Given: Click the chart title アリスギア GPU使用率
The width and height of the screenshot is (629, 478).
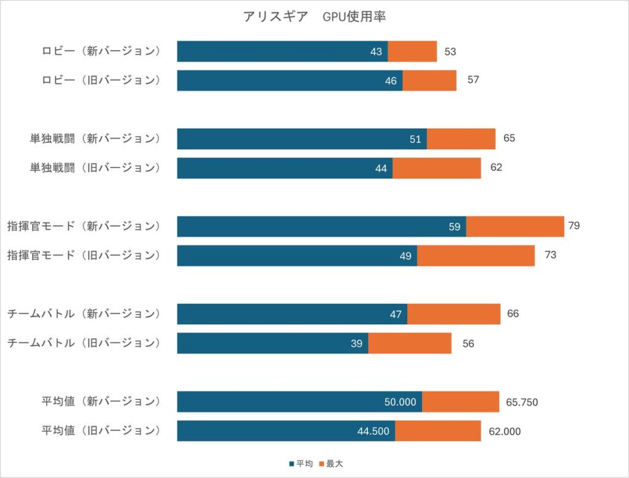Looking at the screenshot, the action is click(x=314, y=17).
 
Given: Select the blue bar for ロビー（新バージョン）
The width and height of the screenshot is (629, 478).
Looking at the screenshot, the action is click(x=283, y=52).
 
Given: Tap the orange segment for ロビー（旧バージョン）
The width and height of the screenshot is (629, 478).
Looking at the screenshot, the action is click(x=429, y=80).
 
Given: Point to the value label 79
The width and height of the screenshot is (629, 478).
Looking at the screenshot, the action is click(x=574, y=226).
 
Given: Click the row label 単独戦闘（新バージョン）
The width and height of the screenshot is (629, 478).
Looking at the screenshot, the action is click(x=95, y=139).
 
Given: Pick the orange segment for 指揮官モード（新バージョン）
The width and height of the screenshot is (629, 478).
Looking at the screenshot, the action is click(x=515, y=226).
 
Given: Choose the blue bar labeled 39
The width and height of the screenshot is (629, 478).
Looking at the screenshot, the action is click(x=273, y=344).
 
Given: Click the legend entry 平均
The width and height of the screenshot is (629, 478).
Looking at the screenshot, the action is click(x=301, y=463).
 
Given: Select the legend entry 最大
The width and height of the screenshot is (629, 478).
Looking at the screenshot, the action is click(x=331, y=463).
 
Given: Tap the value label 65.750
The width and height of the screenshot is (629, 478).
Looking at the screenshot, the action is click(x=522, y=402).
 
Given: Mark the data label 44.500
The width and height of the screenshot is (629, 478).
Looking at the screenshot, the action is click(x=373, y=431).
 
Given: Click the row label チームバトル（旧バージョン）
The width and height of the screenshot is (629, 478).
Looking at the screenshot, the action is click(x=84, y=343).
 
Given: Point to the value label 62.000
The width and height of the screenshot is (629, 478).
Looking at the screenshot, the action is click(x=505, y=431).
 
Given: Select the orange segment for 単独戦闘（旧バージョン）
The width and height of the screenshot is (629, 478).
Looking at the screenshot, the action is click(x=437, y=168).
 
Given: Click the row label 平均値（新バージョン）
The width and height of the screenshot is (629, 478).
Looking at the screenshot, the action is click(x=101, y=401).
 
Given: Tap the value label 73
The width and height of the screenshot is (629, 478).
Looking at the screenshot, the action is click(x=550, y=255).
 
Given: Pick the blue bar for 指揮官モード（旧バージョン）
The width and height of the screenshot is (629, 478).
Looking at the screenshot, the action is click(x=297, y=256).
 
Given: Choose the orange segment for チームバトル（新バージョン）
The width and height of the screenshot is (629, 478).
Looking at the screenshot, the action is click(x=454, y=314).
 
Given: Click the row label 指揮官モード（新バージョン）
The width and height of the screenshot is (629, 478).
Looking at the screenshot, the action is click(x=84, y=226).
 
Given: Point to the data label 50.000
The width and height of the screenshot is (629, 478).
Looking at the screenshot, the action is click(x=400, y=402).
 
